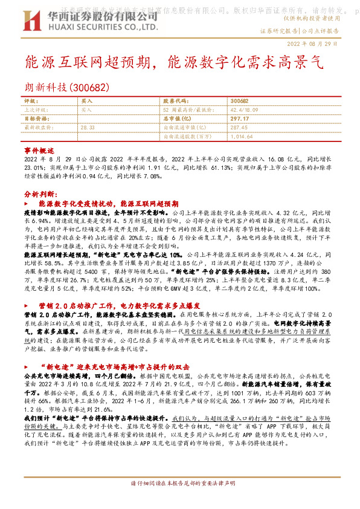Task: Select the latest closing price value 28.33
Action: (x=87, y=128)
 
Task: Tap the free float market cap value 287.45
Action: (x=240, y=128)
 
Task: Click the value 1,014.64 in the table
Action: (x=241, y=137)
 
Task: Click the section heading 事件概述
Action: (x=39, y=149)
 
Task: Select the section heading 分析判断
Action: (x=40, y=195)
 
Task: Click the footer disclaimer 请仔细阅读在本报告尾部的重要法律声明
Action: (x=180, y=501)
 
